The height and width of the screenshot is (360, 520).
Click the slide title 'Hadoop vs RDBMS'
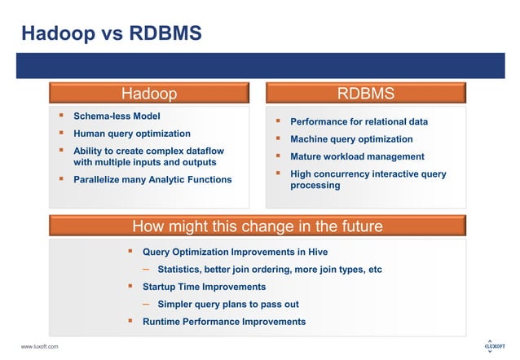tap(111, 34)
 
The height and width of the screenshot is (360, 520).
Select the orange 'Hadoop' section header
tap(148, 93)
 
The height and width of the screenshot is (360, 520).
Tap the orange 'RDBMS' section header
tap(366, 93)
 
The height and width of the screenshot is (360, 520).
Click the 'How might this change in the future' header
tap(257, 226)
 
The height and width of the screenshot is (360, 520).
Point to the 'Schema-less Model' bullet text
tap(117, 116)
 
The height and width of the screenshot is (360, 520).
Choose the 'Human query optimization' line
tap(131, 134)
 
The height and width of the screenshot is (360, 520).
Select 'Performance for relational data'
tap(359, 122)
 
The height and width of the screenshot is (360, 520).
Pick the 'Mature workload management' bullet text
tap(357, 156)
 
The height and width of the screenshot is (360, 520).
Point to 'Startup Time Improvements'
tap(204, 287)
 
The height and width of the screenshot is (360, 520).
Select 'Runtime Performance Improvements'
tap(224, 322)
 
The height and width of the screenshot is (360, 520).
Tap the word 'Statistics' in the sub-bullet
tap(180, 270)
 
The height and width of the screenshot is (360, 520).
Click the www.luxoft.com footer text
tap(39, 348)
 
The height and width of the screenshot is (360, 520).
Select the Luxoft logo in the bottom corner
tap(494, 346)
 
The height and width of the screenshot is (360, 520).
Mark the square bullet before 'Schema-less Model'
tap(60, 116)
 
